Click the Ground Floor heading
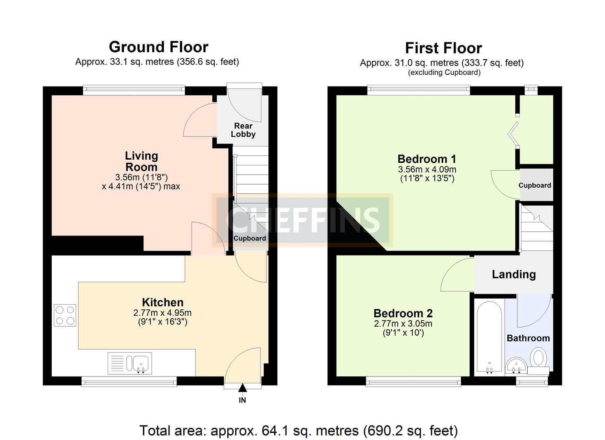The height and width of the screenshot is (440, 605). point(158,47)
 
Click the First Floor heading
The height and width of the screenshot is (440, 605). point(443,48)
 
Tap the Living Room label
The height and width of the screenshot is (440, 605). point(141,161)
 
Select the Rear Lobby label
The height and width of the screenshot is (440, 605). point(243,130)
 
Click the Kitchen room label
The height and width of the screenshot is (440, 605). point(163,302)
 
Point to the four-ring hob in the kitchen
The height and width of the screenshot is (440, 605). point(65,315)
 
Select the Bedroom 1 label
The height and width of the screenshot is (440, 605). point(427,159)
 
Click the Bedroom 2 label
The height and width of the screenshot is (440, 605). point(403,313)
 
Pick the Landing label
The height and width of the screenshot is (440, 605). point(513,274)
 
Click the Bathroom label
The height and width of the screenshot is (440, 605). point(528,338)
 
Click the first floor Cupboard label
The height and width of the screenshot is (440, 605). point(535,185)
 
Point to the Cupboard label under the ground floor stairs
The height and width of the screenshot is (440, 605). point(249,238)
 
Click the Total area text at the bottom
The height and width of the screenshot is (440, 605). point(298,430)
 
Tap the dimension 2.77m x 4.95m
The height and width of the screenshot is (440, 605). point(162,313)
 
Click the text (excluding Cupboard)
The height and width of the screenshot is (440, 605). point(444,73)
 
